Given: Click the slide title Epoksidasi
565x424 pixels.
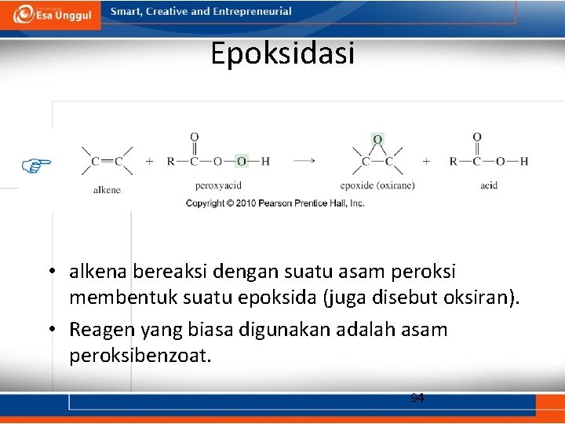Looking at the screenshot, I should (x=282, y=53).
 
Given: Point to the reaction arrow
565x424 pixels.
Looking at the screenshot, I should (x=305, y=161).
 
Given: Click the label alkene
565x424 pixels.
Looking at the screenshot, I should (x=107, y=189).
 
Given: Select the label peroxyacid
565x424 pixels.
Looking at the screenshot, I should (x=217, y=185).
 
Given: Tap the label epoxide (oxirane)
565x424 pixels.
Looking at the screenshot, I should (x=377, y=185).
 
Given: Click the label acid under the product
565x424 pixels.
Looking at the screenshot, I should (x=489, y=185).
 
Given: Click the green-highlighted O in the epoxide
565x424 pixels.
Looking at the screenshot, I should (x=377, y=139).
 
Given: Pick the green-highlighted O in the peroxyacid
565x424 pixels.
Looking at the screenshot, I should (x=242, y=161).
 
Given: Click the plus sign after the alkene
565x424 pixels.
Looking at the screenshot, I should (x=149, y=161).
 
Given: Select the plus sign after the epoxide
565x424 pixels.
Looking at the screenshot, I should (x=426, y=161).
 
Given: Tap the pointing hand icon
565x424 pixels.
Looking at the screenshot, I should (x=36, y=164).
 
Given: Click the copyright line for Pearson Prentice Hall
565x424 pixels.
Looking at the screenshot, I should (x=275, y=203).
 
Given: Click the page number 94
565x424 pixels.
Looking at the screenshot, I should (x=417, y=398).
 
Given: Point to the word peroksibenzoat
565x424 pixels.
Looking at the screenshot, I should (x=140, y=355).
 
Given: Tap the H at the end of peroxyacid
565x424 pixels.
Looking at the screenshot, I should (x=265, y=161).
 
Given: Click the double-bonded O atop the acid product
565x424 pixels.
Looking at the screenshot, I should (x=476, y=137).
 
